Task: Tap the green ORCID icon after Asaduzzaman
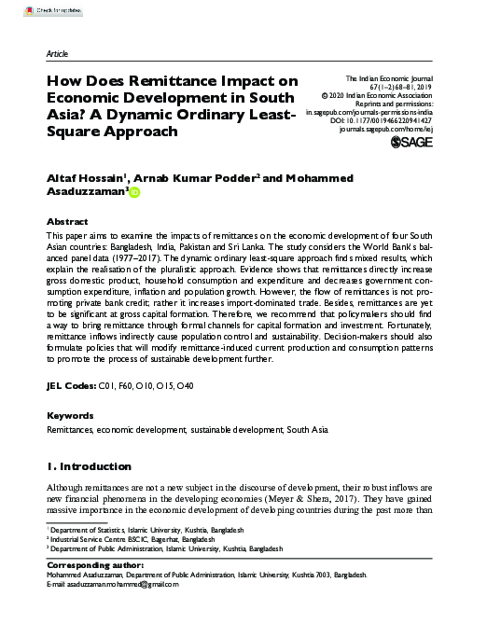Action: coord(133,194)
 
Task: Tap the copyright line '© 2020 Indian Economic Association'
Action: coord(382,101)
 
